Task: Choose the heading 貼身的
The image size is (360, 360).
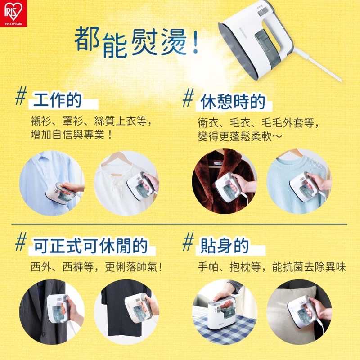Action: click(224, 246)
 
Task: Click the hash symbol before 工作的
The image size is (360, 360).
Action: click(20, 98)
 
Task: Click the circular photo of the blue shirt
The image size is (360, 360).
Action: click(51, 183)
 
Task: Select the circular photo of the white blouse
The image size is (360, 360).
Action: click(126, 183)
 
